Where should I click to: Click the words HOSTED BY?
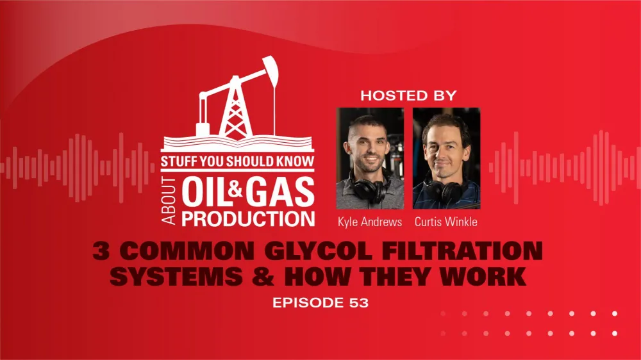(x=408, y=96)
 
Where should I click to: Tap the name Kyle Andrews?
(x=370, y=222)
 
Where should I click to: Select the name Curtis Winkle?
(x=446, y=222)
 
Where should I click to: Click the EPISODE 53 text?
(x=320, y=303)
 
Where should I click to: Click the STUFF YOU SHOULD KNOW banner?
(x=237, y=162)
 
